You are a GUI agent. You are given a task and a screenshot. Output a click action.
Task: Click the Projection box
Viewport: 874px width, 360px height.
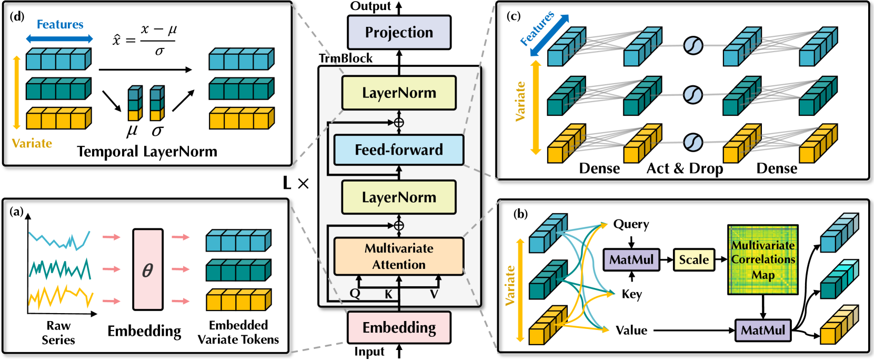399,33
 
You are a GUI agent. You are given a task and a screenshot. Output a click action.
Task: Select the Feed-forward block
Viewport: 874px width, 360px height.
399,150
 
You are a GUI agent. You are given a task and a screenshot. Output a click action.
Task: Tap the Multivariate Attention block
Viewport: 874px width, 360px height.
399,256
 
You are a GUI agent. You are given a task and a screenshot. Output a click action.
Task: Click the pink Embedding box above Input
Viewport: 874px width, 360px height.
399,327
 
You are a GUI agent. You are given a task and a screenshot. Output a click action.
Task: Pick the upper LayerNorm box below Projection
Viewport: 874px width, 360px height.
399,93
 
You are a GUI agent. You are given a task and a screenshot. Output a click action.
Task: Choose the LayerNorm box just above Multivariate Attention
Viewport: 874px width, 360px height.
399,197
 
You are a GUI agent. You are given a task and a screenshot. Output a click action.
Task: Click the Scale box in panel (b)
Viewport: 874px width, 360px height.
694,259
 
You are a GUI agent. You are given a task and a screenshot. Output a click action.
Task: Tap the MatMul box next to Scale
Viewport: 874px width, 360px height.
631,259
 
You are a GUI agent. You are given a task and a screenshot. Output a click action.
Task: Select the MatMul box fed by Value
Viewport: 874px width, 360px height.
763,331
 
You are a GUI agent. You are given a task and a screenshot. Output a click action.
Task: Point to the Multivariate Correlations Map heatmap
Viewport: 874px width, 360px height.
763,259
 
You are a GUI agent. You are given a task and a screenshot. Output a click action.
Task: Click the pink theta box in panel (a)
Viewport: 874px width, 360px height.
147,269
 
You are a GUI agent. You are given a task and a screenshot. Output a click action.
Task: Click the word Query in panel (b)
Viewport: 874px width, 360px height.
631,224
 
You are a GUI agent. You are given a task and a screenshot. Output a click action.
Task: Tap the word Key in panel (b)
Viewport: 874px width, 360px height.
632,294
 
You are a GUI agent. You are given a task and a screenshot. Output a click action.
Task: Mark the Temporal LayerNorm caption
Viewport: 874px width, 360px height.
147,152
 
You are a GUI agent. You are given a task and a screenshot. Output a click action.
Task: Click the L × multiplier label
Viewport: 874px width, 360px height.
296,183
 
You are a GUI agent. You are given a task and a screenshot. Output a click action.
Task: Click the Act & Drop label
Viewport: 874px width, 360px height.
685,168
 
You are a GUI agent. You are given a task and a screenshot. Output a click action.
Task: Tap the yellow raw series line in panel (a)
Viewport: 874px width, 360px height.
61,297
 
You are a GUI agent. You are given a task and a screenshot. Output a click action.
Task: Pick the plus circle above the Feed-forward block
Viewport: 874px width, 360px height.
399,123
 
